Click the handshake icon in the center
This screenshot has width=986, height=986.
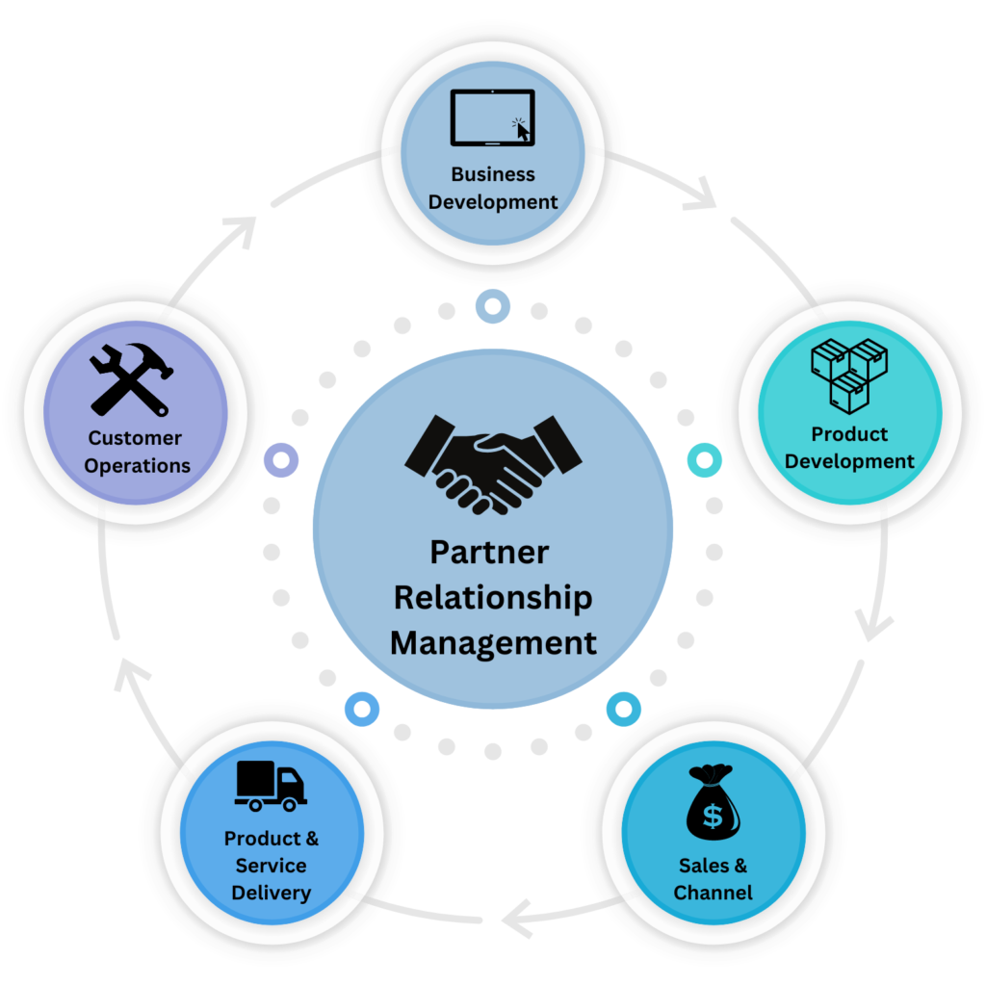tap(494, 461)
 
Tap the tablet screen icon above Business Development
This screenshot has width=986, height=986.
tap(492, 117)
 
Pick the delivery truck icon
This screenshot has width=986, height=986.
tap(270, 786)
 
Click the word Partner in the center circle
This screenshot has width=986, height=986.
tap(489, 553)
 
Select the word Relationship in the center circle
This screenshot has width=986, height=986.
tap(493, 597)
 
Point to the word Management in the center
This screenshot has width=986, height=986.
tap(493, 641)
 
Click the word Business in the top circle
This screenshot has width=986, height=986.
tap(493, 174)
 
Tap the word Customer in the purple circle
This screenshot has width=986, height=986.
tap(135, 438)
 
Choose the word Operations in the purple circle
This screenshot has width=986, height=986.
tap(137, 465)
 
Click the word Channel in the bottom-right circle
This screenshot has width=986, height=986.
tap(713, 893)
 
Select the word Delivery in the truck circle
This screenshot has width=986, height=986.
tap(271, 893)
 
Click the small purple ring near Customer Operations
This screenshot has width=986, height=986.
tap(280, 459)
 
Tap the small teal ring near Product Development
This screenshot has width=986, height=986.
tap(704, 460)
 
